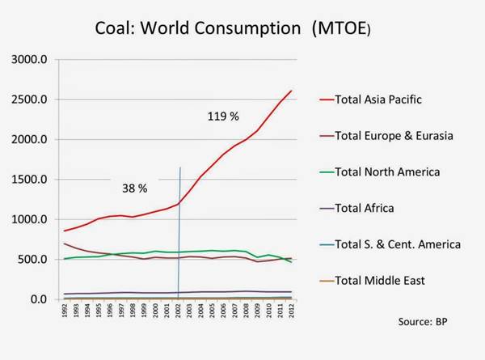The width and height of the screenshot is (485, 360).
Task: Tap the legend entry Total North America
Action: click(x=386, y=172)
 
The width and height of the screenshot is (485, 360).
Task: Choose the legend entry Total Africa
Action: click(x=363, y=208)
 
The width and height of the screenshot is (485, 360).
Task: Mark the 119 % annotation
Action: click(x=223, y=116)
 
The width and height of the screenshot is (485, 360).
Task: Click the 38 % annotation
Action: click(x=134, y=188)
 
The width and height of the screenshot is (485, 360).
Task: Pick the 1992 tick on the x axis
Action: click(x=65, y=312)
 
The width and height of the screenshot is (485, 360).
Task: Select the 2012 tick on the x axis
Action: click(x=291, y=312)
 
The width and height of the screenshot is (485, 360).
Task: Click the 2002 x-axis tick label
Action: click(x=178, y=312)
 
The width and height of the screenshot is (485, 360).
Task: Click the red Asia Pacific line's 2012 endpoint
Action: click(x=292, y=91)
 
